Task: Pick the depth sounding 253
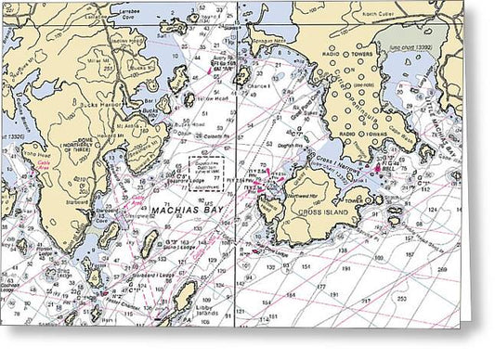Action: click(402, 299)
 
